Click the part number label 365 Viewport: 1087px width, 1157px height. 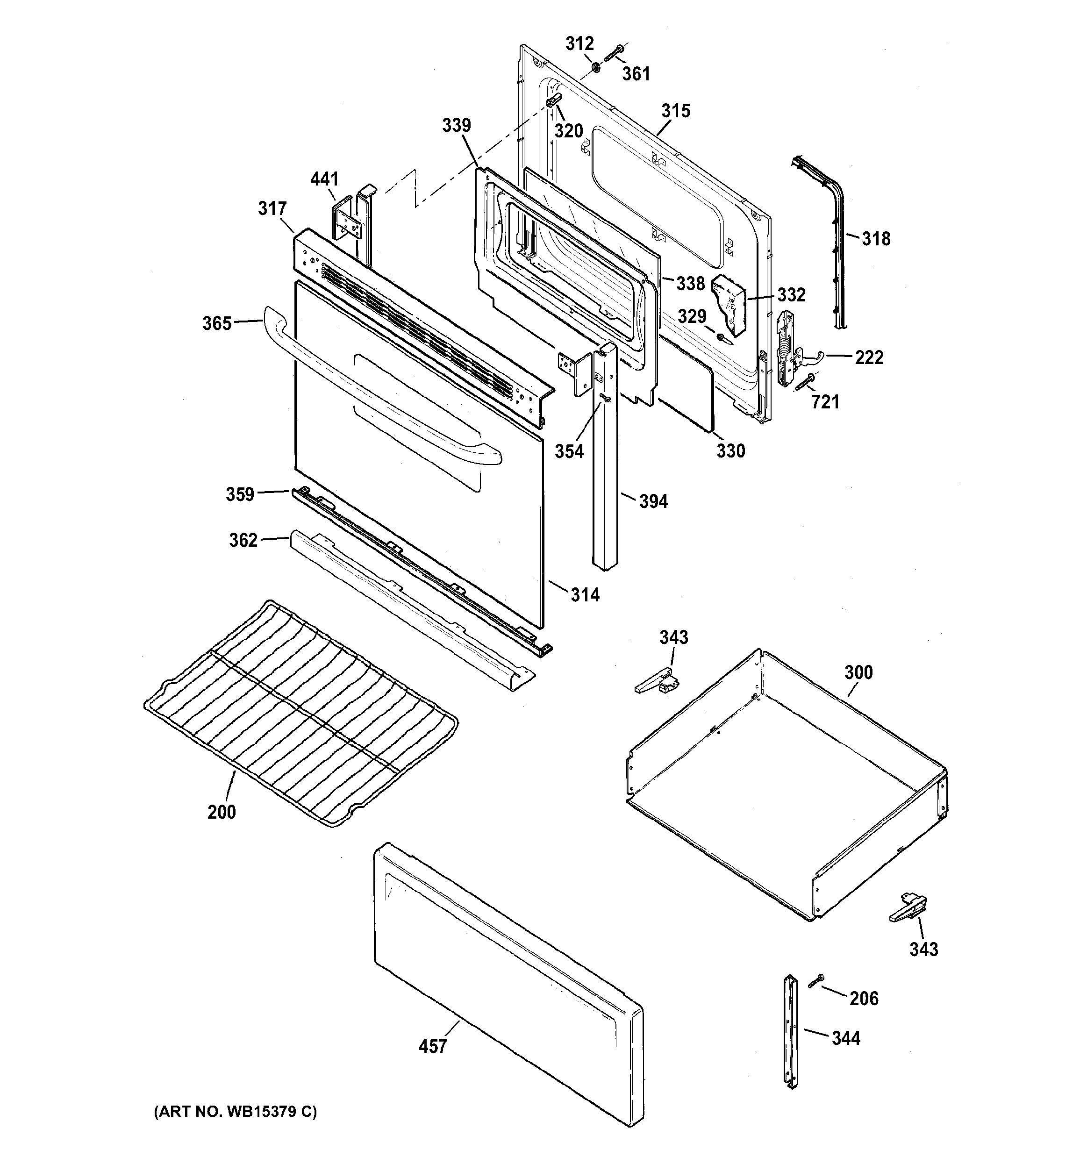216,323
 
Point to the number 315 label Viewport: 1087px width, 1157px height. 676,111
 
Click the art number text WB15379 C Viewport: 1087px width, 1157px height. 235,1112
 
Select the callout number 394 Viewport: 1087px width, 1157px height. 653,501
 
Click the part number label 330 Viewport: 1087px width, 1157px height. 730,450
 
